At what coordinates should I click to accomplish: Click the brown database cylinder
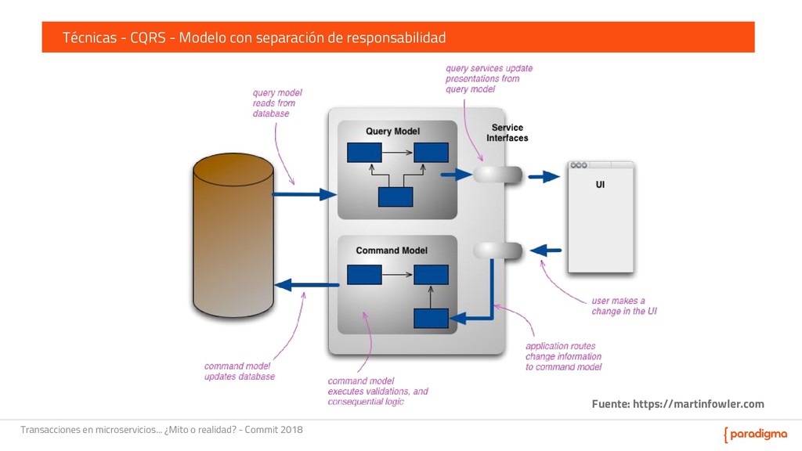pos(233,239)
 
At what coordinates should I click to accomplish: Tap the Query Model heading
pos(393,131)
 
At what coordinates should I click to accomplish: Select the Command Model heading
pos(392,251)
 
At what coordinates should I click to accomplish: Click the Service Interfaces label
pos(508,132)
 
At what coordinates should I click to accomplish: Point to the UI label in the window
pos(600,186)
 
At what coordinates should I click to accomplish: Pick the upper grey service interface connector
pos(497,174)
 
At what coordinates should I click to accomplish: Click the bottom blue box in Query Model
pos(395,197)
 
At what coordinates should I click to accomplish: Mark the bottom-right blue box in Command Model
pos(431,318)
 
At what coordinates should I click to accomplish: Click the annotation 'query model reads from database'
pos(276,103)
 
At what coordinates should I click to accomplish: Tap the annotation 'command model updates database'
pos(239,371)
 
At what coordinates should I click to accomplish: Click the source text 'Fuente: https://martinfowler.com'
pos(677,404)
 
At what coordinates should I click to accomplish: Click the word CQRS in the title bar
pos(148,38)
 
